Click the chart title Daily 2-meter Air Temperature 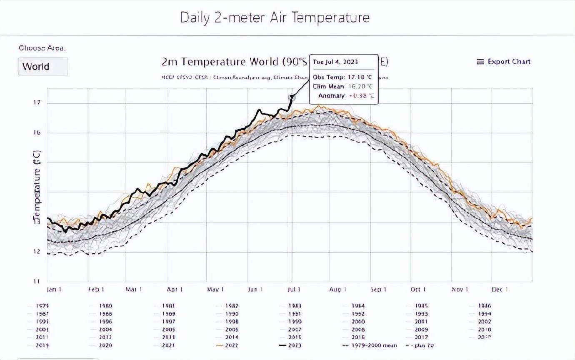point(275,17)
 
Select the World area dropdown point(42,67)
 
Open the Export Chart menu point(503,62)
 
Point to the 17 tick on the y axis point(37,103)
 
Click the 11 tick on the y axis point(37,281)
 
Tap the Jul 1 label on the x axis point(294,290)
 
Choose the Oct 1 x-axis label point(418,290)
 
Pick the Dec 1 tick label point(499,290)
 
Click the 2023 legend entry point(294,345)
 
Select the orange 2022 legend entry point(232,345)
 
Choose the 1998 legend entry point(232,321)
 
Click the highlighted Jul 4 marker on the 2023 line point(292,97)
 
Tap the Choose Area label point(42,48)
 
